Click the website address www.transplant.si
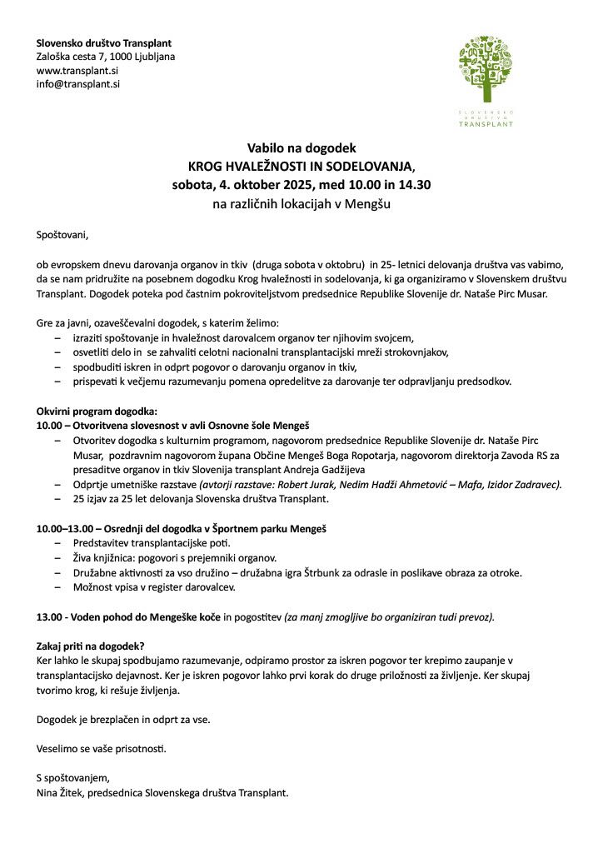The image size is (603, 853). [x=77, y=71]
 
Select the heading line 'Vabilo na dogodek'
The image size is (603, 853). [x=301, y=147]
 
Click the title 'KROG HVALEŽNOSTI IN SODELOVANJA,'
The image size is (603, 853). [x=301, y=165]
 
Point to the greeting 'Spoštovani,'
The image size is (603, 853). [x=62, y=235]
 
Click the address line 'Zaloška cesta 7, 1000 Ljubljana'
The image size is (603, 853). [x=105, y=57]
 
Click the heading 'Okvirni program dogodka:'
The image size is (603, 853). [x=96, y=412]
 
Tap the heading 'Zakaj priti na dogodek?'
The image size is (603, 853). [x=91, y=646]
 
